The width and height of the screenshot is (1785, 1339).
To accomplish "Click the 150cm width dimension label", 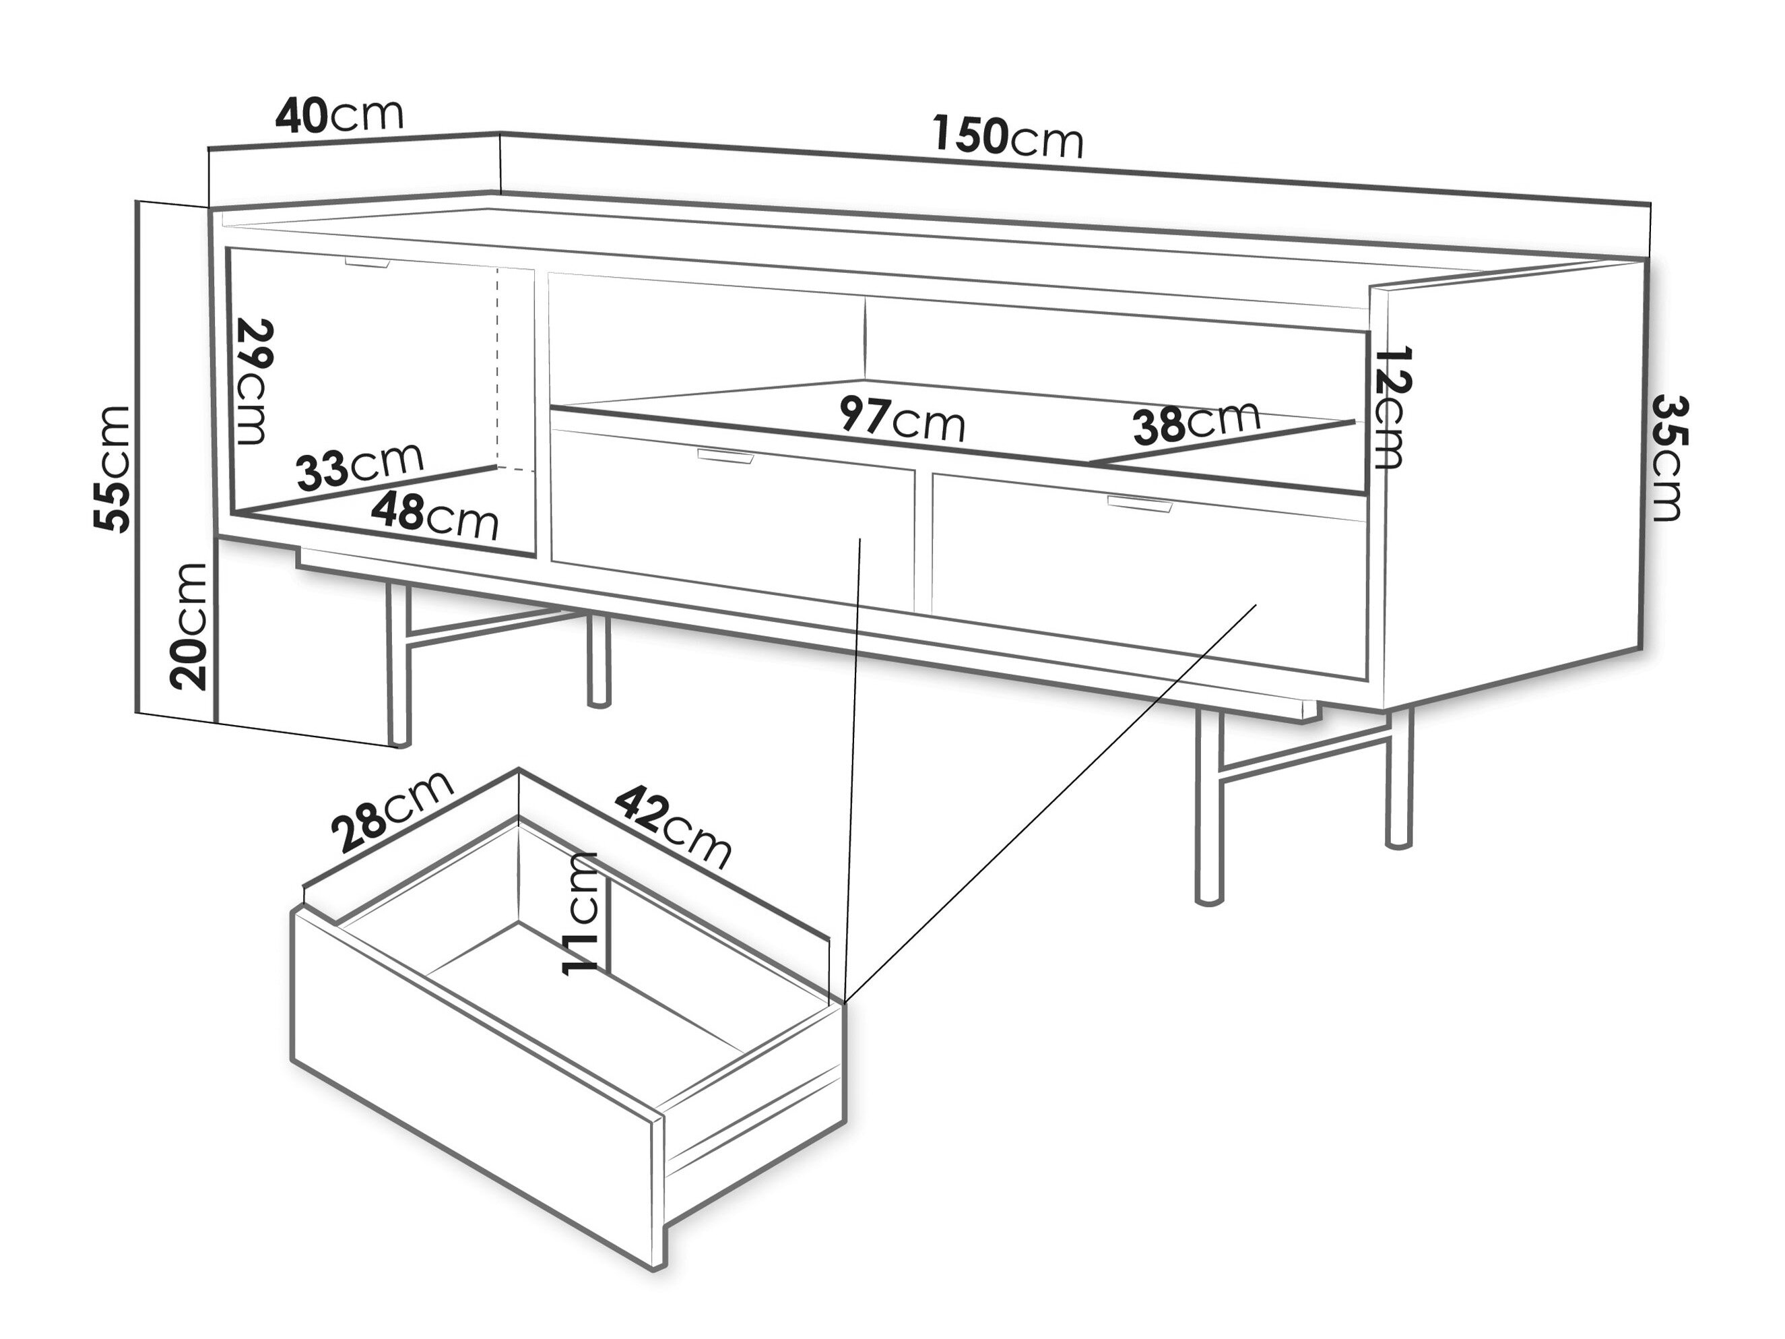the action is click(x=1008, y=136).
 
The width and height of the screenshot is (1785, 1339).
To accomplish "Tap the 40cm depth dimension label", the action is click(x=339, y=115).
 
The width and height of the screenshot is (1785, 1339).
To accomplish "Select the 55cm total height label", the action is click(x=113, y=469).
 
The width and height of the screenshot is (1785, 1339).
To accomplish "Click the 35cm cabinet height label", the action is click(x=1667, y=458).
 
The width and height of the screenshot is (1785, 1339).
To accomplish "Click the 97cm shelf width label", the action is click(x=902, y=419).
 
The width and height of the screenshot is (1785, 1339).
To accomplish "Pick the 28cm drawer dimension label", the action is click(x=393, y=811).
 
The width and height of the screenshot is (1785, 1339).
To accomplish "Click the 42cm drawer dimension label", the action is click(x=673, y=828).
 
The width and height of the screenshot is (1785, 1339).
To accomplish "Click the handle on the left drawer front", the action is click(x=725, y=456).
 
